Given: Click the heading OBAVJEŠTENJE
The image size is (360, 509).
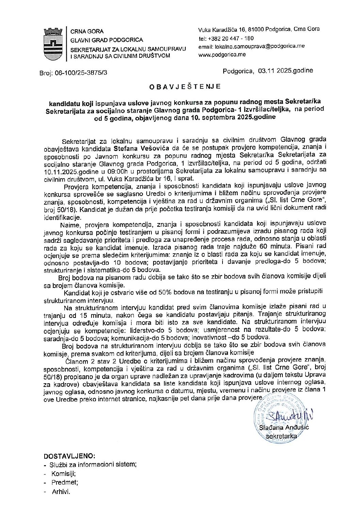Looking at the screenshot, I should coord(185,87).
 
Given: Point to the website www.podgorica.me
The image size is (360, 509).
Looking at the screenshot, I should coord(222,54).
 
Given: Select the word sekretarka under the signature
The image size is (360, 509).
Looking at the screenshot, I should coord(282,436).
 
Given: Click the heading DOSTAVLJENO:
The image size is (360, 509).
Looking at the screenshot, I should coord(70,456).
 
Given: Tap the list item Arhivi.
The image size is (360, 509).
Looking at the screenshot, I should coord(61,492).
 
